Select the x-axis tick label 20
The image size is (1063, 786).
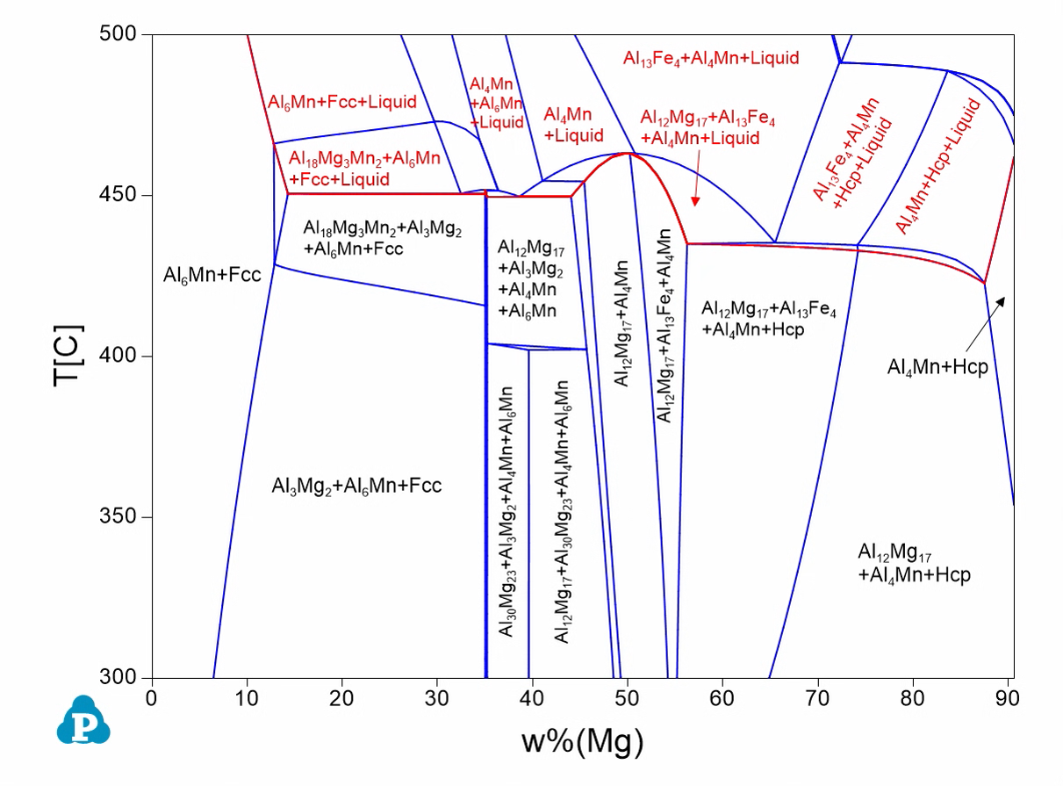coord(341,698)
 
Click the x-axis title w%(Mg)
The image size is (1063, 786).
coord(583,742)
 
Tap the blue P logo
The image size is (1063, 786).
coord(83,721)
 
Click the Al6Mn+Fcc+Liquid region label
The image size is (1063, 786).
coord(342,102)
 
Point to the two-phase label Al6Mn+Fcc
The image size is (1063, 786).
coord(212,276)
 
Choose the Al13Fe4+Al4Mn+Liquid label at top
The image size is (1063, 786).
coord(711,59)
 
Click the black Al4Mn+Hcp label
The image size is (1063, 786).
coord(937,367)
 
